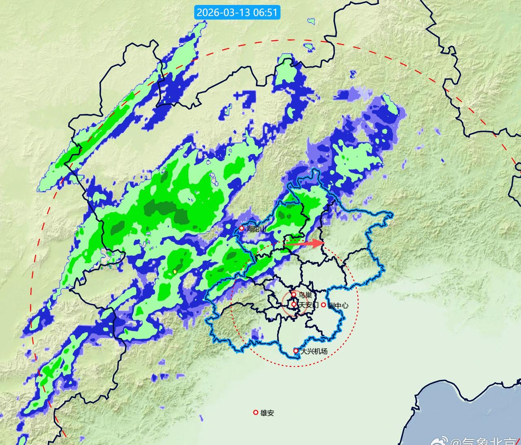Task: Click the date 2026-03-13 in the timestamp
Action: pos(222,12)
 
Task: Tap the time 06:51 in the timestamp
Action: pos(266,12)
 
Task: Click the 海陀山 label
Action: pos(257,229)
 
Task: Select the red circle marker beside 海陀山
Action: pos(241,228)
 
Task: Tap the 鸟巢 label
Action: pos(305,295)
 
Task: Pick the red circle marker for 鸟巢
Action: pos(294,294)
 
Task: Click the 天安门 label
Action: pos(307,305)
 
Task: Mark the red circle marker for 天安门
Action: pos(294,304)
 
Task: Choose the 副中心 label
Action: pos(338,305)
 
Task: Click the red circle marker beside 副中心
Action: pos(324,305)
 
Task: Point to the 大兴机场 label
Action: pos(313,351)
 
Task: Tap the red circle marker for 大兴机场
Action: pos(296,351)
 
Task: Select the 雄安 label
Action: pos(267,413)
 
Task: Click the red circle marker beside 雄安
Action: pos(256,412)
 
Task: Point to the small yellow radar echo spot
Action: pos(175,271)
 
